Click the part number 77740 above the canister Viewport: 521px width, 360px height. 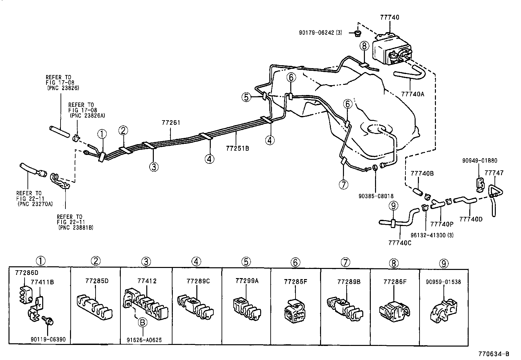[x=389, y=17]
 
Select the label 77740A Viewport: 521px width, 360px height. [x=412, y=94]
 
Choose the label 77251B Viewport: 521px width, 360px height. [x=237, y=148]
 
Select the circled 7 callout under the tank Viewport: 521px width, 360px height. [x=343, y=184]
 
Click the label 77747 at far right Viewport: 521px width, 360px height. [x=494, y=173]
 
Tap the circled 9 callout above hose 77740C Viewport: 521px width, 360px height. [x=394, y=206]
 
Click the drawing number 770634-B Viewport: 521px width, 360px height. [x=494, y=354]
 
